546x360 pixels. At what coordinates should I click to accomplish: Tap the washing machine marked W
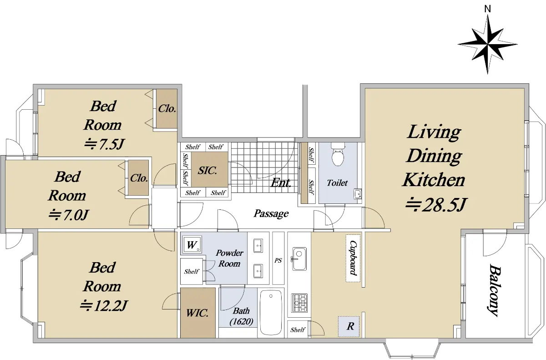(192, 245)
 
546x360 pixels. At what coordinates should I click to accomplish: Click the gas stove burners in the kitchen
(299, 303)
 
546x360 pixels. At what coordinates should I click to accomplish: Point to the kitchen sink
(299, 259)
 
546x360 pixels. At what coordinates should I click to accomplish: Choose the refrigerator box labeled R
(349, 326)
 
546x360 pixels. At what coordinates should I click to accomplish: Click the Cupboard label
(354, 258)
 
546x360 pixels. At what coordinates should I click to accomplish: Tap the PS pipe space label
(278, 260)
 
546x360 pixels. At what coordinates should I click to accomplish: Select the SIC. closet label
(207, 170)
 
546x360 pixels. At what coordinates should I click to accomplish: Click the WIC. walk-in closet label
(197, 313)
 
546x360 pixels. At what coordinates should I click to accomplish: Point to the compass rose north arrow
(487, 44)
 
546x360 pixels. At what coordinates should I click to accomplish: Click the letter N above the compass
(487, 9)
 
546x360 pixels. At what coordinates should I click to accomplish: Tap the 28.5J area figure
(436, 205)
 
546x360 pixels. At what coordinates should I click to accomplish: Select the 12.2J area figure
(104, 305)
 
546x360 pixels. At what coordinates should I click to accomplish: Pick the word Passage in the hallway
(271, 213)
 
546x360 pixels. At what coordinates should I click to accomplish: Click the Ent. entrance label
(281, 183)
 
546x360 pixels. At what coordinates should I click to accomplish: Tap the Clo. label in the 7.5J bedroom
(167, 108)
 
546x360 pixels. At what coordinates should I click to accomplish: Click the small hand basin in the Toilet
(358, 194)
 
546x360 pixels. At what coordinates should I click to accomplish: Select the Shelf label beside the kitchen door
(298, 330)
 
